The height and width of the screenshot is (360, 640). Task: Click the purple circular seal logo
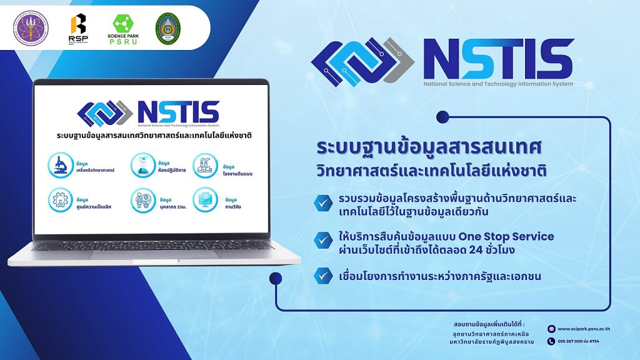[31, 28]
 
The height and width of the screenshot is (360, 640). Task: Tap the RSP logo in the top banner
[78, 27]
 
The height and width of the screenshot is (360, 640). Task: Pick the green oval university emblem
[167, 28]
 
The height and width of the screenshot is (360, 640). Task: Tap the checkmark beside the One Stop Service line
[323, 239]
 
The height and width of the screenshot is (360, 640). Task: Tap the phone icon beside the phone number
[551, 341]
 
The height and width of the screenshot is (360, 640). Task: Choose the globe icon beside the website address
[551, 329]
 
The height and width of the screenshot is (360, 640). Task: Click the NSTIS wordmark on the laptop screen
[177, 112]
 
